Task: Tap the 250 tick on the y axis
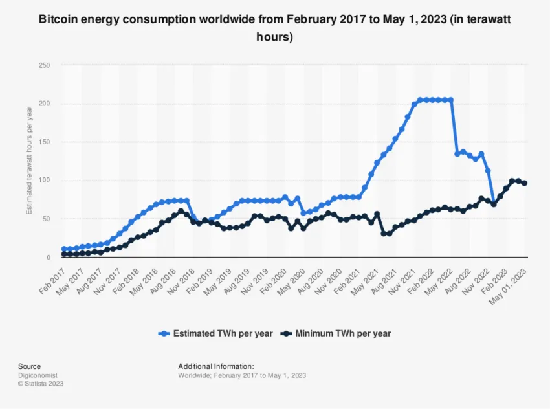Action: (x=44, y=65)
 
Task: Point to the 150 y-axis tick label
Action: (x=44, y=142)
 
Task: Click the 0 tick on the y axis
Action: (x=48, y=258)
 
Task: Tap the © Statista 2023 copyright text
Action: (x=41, y=384)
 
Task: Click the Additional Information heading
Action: (x=215, y=366)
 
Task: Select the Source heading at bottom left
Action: (x=29, y=366)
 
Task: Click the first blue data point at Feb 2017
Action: (x=64, y=249)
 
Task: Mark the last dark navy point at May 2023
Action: (x=524, y=183)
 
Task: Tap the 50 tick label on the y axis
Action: (x=46, y=219)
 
